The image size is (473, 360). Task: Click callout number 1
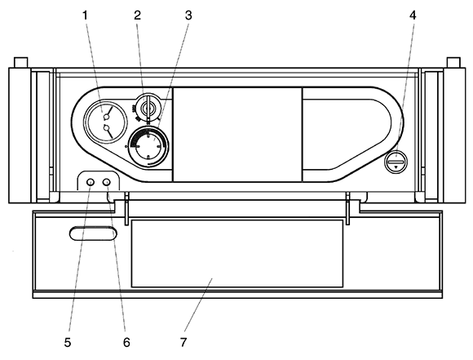coord(86,16)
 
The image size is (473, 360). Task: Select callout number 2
coord(138,16)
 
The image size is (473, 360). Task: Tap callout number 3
coord(188,16)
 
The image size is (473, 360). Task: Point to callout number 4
coord(413,16)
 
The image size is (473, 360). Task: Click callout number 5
coord(68,343)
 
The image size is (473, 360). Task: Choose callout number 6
coord(126,343)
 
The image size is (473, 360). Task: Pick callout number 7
coord(183,343)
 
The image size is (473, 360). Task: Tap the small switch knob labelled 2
coord(148,107)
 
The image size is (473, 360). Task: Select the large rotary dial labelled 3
coord(148,146)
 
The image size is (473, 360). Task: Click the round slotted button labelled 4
coord(396,162)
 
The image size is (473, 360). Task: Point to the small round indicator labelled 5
coord(91,182)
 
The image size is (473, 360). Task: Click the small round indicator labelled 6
coord(107,182)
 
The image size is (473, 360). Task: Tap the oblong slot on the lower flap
coord(94,233)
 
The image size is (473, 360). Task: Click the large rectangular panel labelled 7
coord(237,253)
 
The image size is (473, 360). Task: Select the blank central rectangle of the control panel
coord(237,135)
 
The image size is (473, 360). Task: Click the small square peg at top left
coord(21,63)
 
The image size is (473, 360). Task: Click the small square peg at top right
coord(453,63)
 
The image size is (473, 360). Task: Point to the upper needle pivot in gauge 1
coord(106,116)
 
